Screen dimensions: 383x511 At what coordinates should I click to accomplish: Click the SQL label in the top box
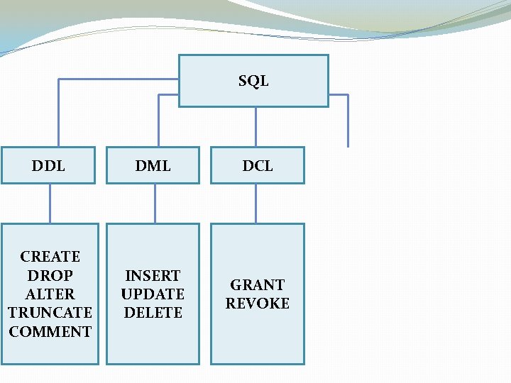click(253, 81)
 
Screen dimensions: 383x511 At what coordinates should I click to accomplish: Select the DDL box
click(48, 165)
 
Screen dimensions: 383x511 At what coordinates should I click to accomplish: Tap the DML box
click(153, 165)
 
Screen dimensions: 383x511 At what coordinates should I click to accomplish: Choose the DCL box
click(257, 165)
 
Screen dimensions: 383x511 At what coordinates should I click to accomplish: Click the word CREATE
click(50, 256)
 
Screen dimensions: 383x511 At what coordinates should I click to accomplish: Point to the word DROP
click(50, 275)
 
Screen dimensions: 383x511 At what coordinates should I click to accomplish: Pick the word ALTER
click(50, 294)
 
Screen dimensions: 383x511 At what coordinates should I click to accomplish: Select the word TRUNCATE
click(50, 312)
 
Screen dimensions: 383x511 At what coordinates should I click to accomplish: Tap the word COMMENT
click(50, 331)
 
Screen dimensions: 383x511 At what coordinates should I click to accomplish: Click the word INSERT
click(153, 275)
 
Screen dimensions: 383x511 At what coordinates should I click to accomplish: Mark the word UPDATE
click(153, 294)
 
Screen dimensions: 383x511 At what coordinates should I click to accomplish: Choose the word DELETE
click(153, 312)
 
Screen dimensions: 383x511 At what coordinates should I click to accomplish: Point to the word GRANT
click(257, 284)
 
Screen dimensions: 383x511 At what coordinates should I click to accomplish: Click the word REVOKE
click(257, 303)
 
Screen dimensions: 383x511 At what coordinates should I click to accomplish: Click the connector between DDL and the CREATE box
click(50, 204)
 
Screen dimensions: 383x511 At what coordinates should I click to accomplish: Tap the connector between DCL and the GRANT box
click(256, 204)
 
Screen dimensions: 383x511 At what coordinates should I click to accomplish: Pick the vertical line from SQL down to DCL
click(256, 127)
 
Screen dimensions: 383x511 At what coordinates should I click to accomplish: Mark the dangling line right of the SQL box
click(348, 121)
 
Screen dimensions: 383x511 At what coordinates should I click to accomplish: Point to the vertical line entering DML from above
click(157, 128)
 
